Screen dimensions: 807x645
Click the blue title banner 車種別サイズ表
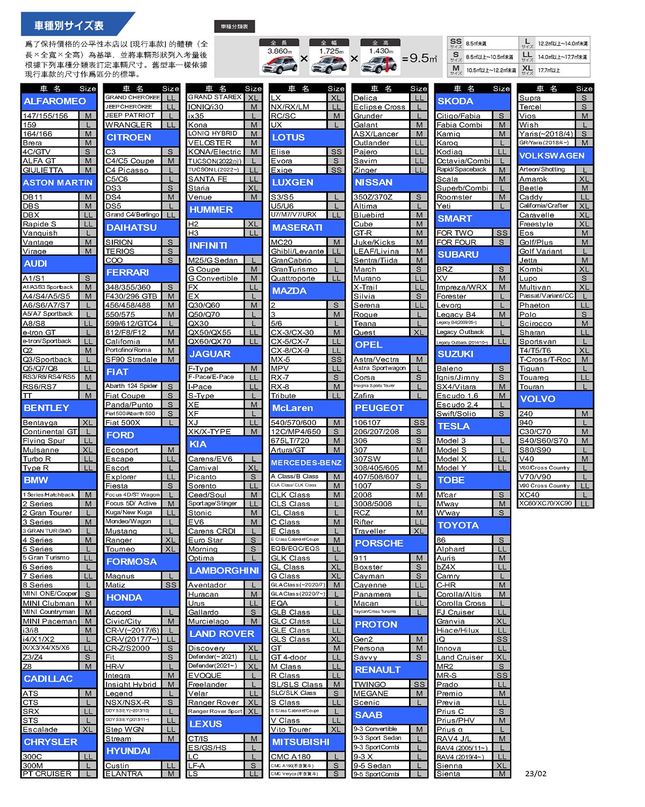(x=70, y=25)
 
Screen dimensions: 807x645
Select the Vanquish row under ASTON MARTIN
(x=50, y=233)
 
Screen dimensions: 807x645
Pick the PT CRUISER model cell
(x=50, y=774)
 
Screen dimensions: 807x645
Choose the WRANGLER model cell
(x=133, y=125)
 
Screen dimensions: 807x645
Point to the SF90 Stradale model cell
(x=133, y=359)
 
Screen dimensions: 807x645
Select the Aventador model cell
(x=216, y=585)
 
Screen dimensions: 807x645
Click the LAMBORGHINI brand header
(x=224, y=570)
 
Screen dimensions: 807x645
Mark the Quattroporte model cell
(x=298, y=278)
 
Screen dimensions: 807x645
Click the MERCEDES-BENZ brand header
(x=306, y=463)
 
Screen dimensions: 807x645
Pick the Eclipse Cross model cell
(x=381, y=107)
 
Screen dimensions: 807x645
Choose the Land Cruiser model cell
(x=464, y=657)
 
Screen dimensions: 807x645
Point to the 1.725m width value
(x=332, y=52)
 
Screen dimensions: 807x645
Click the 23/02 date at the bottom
(x=535, y=774)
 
